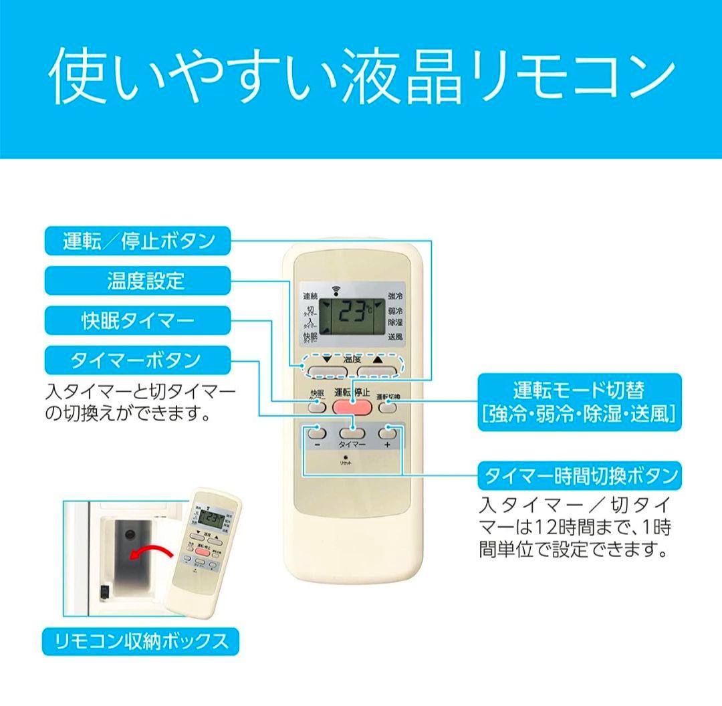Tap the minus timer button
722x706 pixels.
pyautogui.click(x=317, y=433)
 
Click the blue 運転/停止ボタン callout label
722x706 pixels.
pyautogui.click(x=138, y=241)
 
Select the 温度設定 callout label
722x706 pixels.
pyautogui.click(x=138, y=281)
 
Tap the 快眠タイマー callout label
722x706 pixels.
pyautogui.click(x=138, y=321)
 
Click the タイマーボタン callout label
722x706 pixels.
pyautogui.click(x=138, y=360)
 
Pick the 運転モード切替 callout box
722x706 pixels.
pyautogui.click(x=579, y=402)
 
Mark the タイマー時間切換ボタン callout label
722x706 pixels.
pyautogui.click(x=579, y=476)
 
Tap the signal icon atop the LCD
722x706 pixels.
pyautogui.click(x=335, y=289)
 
